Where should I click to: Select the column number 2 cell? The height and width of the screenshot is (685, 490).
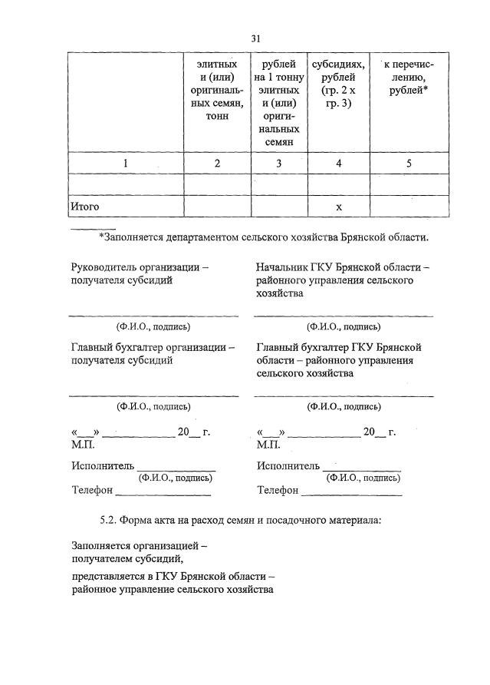click(217, 164)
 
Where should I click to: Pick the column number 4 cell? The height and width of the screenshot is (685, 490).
click(338, 164)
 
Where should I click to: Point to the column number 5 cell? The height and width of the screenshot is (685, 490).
click(409, 164)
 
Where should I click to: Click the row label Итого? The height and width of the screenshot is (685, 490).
click(85, 207)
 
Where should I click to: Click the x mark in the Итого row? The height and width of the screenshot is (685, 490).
click(338, 207)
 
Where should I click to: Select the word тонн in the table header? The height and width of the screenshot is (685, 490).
click(217, 116)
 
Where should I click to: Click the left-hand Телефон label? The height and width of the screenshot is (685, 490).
click(93, 490)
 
